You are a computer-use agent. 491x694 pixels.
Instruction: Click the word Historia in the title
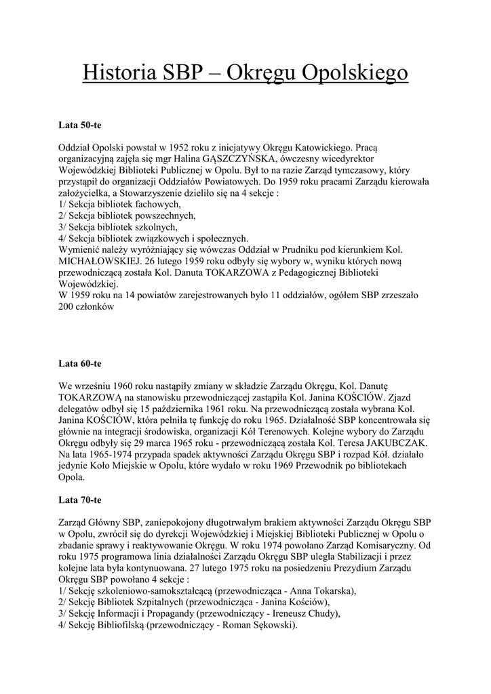pyautogui.click(x=115, y=72)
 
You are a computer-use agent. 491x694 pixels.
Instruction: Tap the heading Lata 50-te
pyautogui.click(x=80, y=126)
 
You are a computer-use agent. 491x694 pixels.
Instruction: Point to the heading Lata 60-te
pyautogui.click(x=80, y=364)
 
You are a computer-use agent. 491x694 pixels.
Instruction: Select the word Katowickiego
pyautogui.click(x=319, y=146)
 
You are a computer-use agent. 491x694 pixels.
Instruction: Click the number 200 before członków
pyautogui.click(x=67, y=306)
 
